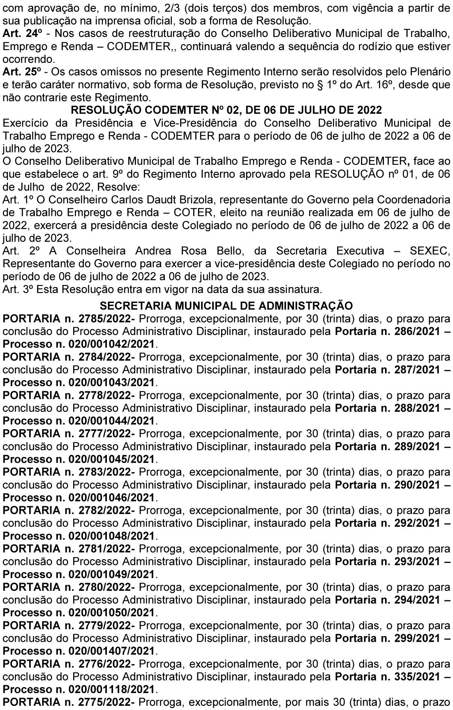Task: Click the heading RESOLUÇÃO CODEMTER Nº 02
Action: click(226, 110)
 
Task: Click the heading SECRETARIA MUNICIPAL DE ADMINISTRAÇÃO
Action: click(226, 306)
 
